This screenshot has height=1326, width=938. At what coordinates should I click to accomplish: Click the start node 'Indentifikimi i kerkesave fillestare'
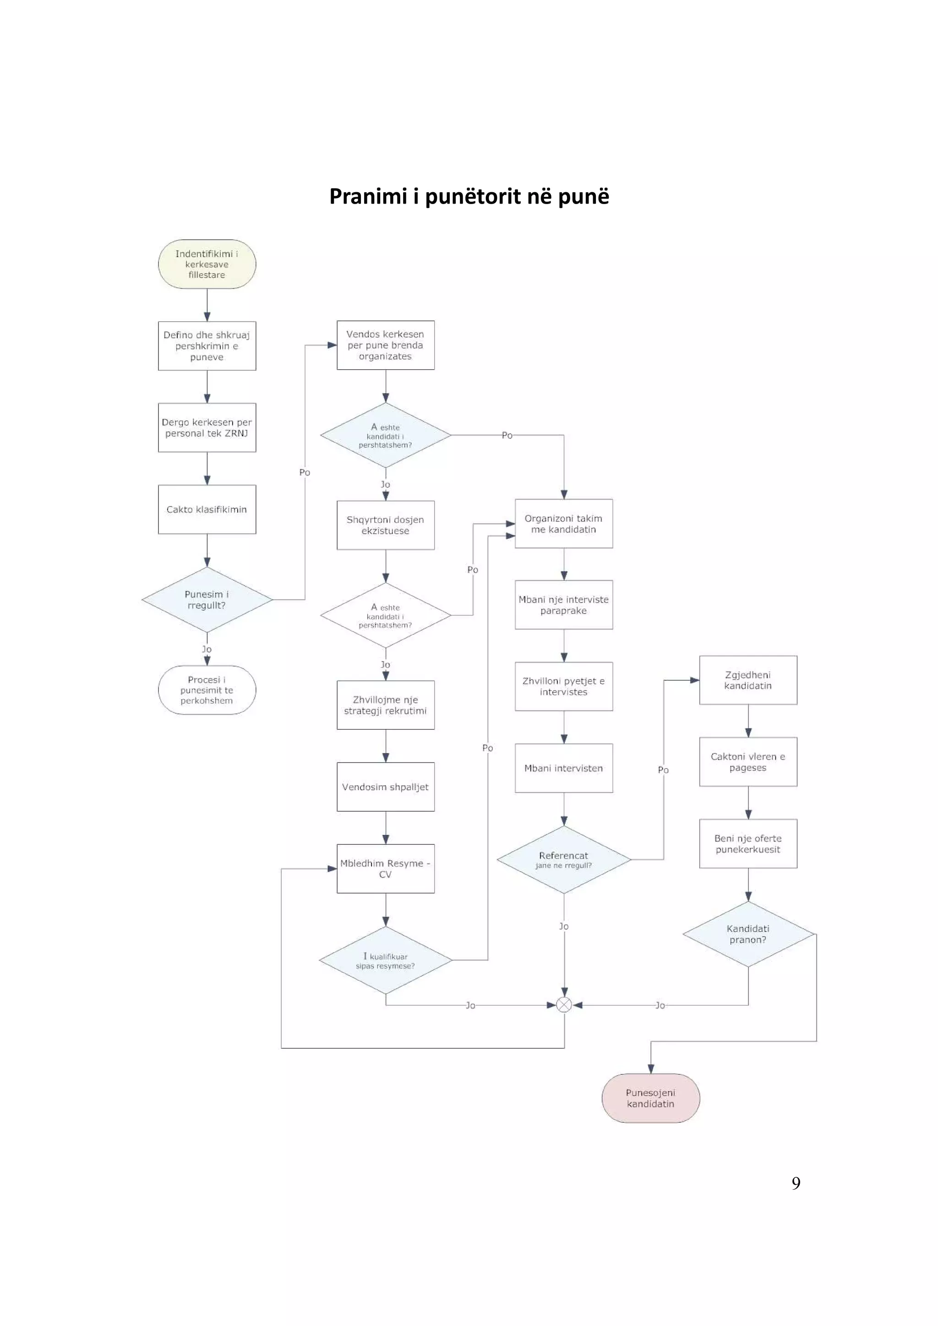pos(207,264)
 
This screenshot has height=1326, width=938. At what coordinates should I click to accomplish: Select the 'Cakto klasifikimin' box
pos(207,509)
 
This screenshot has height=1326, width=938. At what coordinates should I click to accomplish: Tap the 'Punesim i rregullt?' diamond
pos(207,599)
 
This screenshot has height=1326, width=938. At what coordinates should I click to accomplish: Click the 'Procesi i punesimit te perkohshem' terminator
pos(207,690)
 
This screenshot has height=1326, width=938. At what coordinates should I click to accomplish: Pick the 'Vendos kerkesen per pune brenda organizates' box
pos(386,345)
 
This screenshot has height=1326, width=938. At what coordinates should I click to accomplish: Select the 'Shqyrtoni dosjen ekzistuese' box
pos(386,524)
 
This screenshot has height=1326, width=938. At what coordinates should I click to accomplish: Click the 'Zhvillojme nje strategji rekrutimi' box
pos(386,705)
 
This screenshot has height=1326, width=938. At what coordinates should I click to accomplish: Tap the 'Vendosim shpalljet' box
pos(386,787)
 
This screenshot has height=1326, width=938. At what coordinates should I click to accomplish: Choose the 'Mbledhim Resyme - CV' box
pos(386,868)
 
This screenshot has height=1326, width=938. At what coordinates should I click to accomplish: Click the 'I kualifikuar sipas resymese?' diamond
pos(386,960)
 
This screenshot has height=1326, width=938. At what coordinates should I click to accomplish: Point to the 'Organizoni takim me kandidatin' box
pos(563,523)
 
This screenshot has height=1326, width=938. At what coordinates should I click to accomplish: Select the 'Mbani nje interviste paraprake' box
pos(563,605)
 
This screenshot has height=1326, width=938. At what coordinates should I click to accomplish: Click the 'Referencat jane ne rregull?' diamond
pos(563,859)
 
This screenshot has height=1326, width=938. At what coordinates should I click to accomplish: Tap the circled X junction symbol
pos(564,1005)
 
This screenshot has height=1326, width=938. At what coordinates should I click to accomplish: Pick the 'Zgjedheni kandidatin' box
pos(748,680)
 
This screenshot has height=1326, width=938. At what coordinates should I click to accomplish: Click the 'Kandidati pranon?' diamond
pos(748,934)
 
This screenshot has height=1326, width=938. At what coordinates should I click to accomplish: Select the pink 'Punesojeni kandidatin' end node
pos(651,1098)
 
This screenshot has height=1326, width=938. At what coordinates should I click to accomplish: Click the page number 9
pos(796,1183)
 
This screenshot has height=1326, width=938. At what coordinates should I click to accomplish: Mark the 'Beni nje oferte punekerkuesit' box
pos(748,843)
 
